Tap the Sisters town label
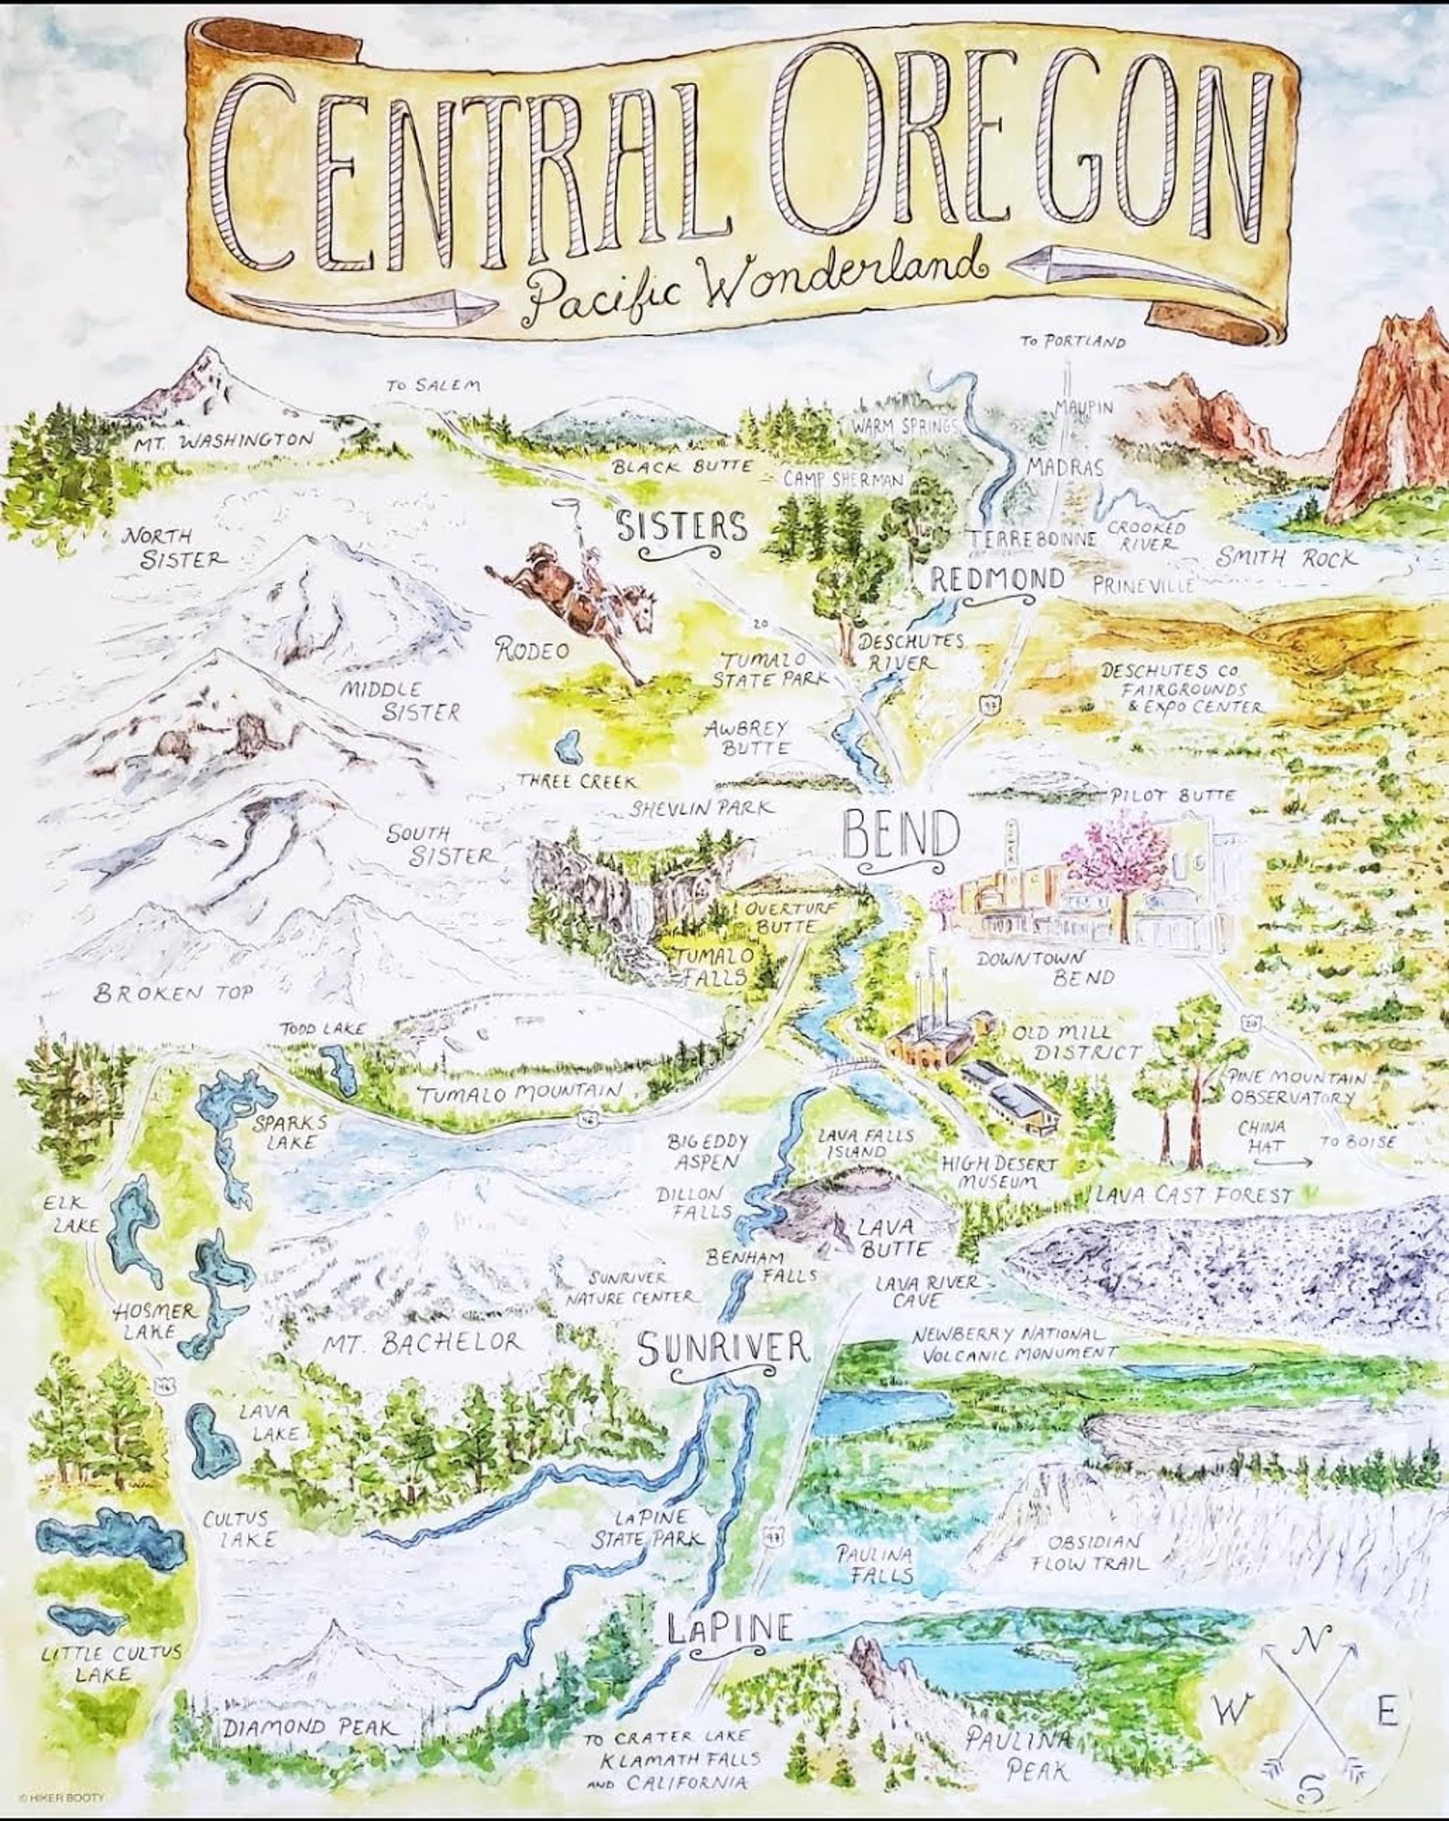coord(682,527)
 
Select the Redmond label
coord(997,578)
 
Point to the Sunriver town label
coord(723,1347)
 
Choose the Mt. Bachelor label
coord(422,1342)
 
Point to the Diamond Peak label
coord(311,1727)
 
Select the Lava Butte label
coord(893,1237)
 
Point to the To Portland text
coord(1072,342)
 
